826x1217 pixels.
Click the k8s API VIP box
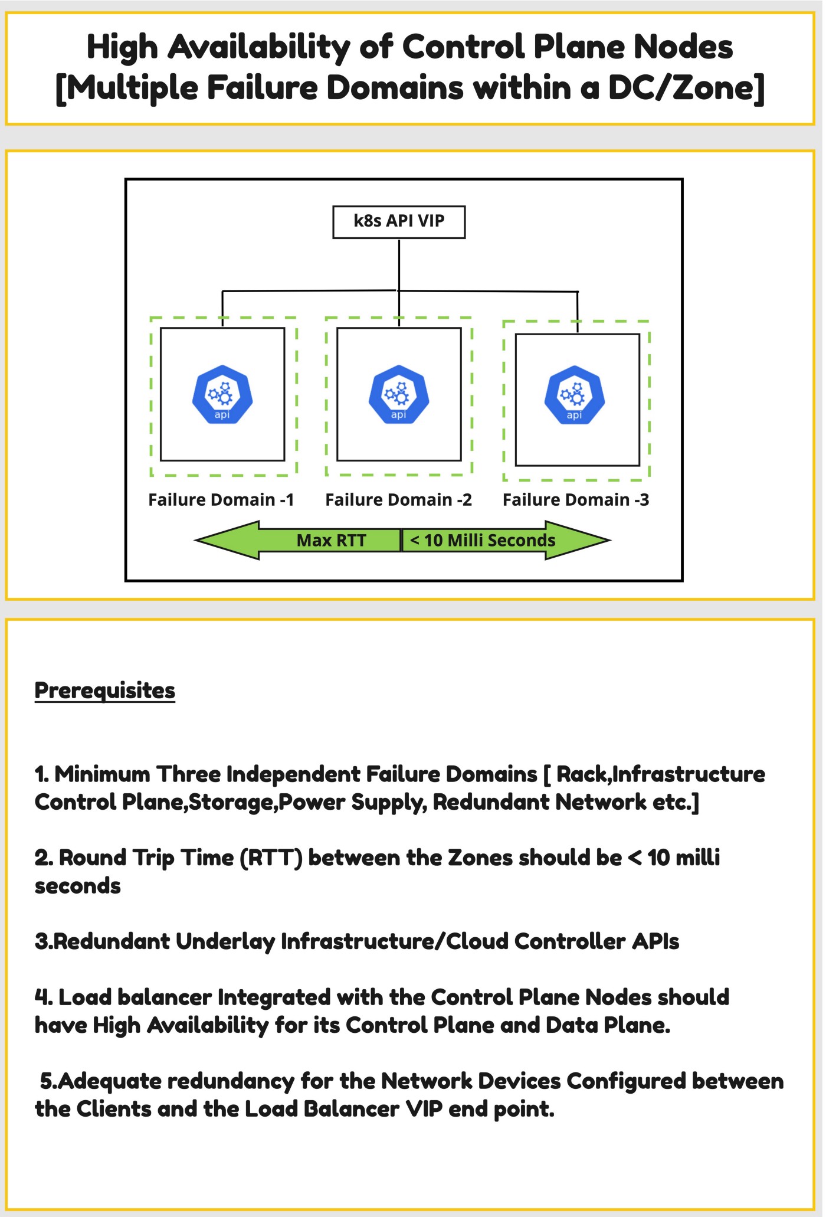pyautogui.click(x=399, y=222)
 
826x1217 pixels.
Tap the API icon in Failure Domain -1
pyautogui.click(x=222, y=394)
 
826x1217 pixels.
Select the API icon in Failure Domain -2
pyautogui.click(x=399, y=394)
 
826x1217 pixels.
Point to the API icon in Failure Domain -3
pyautogui.click(x=575, y=395)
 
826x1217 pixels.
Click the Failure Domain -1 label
pyautogui.click(x=221, y=500)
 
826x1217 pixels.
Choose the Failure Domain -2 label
pyautogui.click(x=399, y=500)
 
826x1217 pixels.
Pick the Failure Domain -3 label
pyautogui.click(x=576, y=500)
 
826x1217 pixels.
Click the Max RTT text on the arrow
pyautogui.click(x=331, y=540)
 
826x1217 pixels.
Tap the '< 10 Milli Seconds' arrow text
pyautogui.click(x=483, y=540)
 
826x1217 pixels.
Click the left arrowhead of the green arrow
pyautogui.click(x=227, y=539)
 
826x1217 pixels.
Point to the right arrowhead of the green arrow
pyautogui.click(x=578, y=539)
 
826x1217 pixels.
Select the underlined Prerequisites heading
pyautogui.click(x=105, y=691)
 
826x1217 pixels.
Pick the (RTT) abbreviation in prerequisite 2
pyautogui.click(x=271, y=858)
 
